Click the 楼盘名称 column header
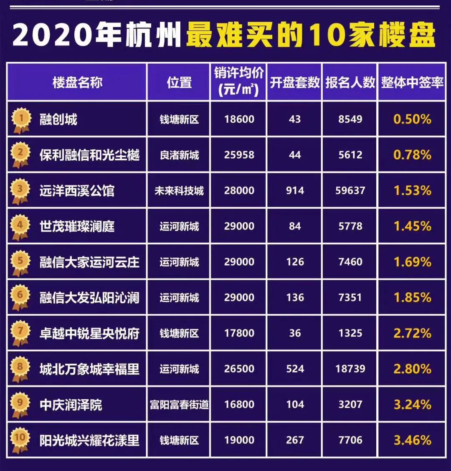pyautogui.click(x=77, y=82)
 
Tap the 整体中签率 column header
pyautogui.click(x=412, y=82)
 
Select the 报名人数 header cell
pyautogui.click(x=350, y=82)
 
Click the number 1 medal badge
pyautogui.click(x=20, y=119)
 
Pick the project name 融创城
pyautogui.click(x=58, y=119)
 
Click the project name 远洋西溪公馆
pyautogui.click(x=77, y=191)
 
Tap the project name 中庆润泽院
pyautogui.click(x=71, y=405)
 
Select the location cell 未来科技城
pyautogui.click(x=179, y=191)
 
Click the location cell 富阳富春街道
pyautogui.click(x=179, y=405)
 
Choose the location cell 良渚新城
pyautogui.click(x=179, y=155)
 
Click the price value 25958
pyautogui.click(x=239, y=155)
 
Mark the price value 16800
pyautogui.click(x=239, y=405)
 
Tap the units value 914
pyautogui.click(x=295, y=191)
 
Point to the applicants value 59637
pyautogui.click(x=350, y=191)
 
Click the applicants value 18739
pyautogui.click(x=350, y=369)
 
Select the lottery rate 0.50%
pyautogui.click(x=412, y=119)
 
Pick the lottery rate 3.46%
pyautogui.click(x=412, y=440)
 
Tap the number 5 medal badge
pyautogui.click(x=20, y=262)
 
